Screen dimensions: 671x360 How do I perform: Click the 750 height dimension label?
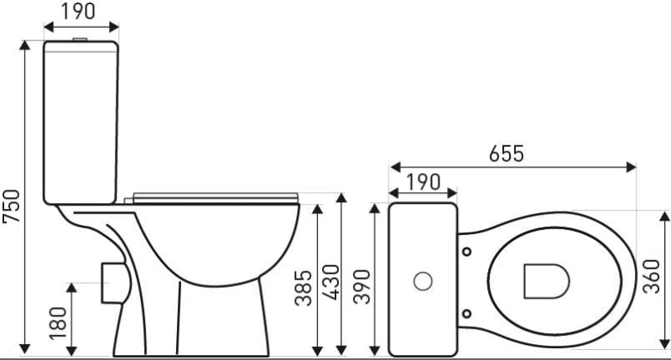pos(12,206)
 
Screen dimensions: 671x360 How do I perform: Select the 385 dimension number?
pos(304,288)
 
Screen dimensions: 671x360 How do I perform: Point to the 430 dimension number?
pos(330,283)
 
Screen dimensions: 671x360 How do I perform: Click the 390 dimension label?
pos(362,287)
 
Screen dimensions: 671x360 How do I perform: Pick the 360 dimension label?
pos(652,277)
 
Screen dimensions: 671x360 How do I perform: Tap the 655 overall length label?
pos(507,154)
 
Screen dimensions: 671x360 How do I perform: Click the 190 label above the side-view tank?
pos(78,11)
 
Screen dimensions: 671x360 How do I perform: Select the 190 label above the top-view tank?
pos(423,182)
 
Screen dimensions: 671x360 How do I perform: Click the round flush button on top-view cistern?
pos(423,281)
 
